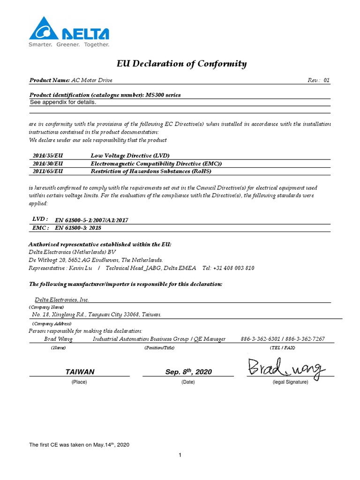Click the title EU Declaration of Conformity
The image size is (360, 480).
click(181, 64)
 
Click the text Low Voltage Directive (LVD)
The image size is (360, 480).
click(130, 155)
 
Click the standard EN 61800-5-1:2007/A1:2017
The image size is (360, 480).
click(92, 219)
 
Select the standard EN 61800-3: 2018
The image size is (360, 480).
click(78, 228)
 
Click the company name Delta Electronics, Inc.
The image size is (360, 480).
click(62, 300)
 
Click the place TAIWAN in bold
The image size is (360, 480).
click(80, 372)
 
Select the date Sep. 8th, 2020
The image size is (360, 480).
click(188, 372)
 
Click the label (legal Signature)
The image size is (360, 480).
click(290, 382)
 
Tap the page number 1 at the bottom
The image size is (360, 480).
click(180, 455)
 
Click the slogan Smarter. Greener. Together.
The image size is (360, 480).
click(69, 45)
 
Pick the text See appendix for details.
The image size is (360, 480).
click(63, 102)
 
